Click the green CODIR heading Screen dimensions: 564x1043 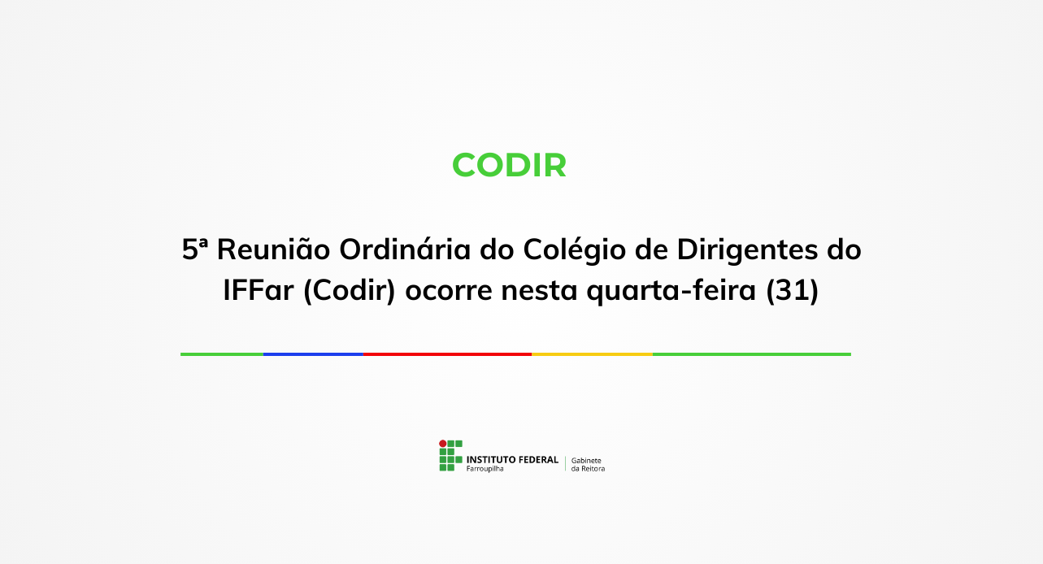[509, 165]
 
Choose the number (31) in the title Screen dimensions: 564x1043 [792, 290]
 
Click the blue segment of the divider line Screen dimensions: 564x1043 [313, 354]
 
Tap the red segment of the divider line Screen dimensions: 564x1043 [447, 354]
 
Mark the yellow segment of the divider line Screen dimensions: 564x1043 [592, 354]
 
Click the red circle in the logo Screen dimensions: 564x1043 [443, 444]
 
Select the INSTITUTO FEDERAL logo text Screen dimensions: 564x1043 [512, 459]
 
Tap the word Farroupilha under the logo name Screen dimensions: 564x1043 [485, 469]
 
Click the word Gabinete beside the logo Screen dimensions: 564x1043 [586, 460]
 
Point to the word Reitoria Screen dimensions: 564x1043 [593, 469]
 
